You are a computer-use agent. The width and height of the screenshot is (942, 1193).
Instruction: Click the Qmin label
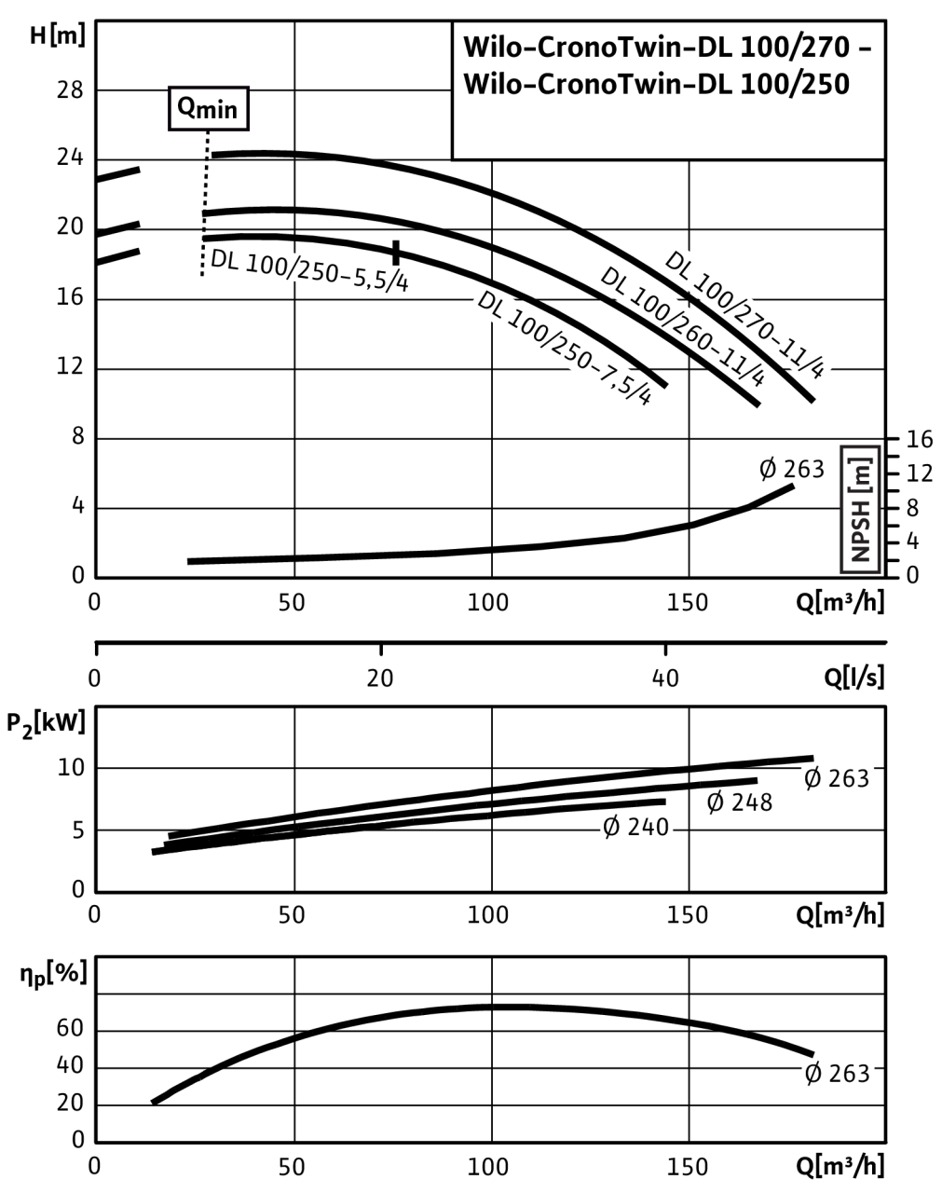(x=208, y=110)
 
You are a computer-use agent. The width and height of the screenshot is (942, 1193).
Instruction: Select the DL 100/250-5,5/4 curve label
(x=309, y=270)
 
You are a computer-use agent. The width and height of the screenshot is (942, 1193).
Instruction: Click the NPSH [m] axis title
(x=860, y=509)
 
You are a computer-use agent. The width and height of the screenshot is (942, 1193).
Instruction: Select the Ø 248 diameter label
(x=740, y=802)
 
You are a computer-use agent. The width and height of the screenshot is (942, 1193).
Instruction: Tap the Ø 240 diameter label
(x=636, y=827)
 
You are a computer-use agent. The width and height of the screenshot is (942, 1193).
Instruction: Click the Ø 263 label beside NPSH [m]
(x=792, y=468)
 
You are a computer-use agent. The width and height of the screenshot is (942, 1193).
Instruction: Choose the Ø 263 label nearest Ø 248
(x=836, y=778)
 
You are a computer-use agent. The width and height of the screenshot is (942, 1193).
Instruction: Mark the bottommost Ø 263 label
(x=836, y=1074)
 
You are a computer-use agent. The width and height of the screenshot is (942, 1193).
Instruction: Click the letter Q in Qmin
(x=187, y=108)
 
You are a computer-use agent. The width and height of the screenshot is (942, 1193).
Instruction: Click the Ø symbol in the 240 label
(x=612, y=827)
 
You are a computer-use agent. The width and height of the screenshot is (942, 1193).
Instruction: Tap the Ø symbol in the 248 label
(x=716, y=802)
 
